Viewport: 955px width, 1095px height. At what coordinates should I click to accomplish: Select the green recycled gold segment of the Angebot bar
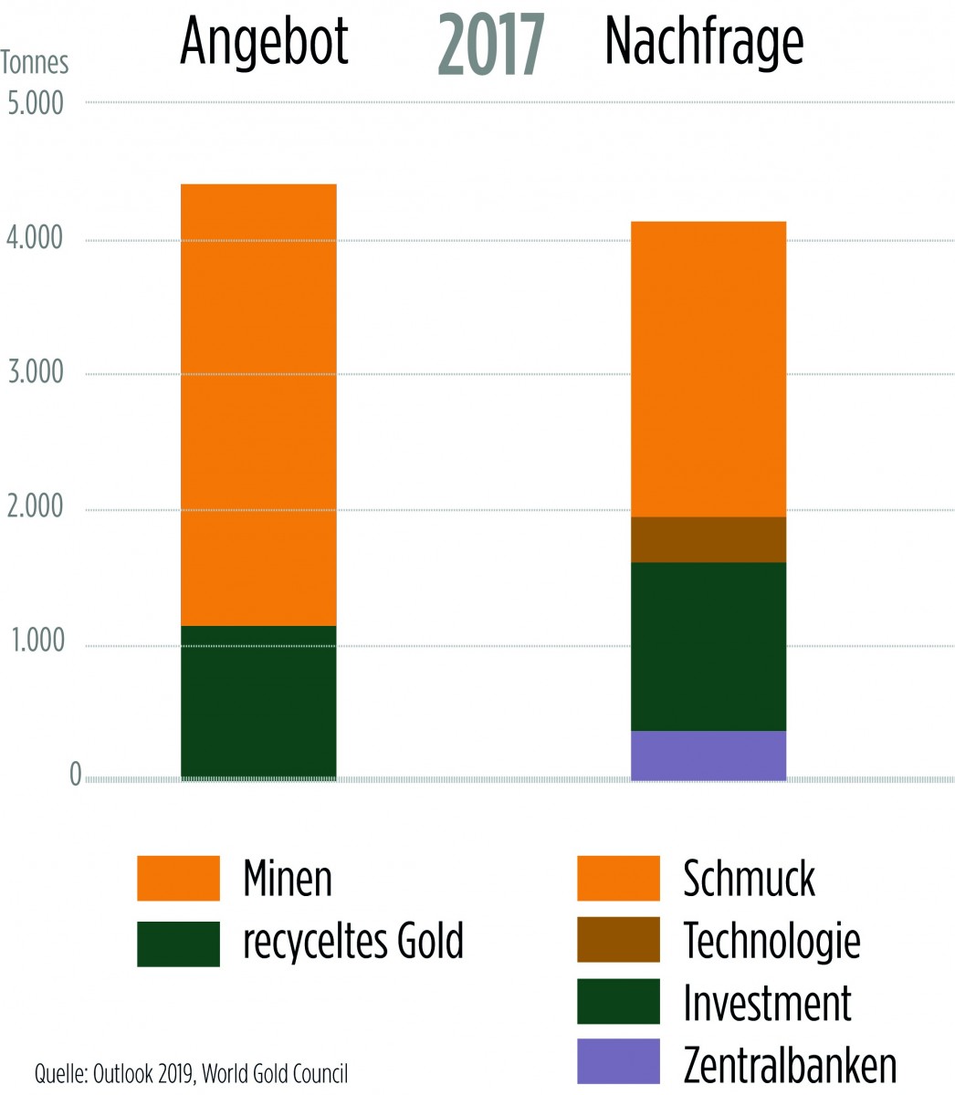point(258,702)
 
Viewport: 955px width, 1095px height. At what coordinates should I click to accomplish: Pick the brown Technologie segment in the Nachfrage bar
point(708,539)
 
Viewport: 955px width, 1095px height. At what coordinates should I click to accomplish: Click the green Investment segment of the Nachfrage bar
point(708,646)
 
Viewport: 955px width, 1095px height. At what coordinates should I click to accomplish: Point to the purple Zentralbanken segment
point(708,756)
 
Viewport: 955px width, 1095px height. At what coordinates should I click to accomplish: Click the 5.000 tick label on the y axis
point(36,102)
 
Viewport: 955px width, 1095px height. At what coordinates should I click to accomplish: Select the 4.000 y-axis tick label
point(36,239)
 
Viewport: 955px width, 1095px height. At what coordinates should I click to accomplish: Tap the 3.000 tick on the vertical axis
point(36,373)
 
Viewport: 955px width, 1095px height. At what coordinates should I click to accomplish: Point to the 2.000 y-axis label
point(36,507)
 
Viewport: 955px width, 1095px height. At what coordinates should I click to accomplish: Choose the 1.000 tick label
point(36,642)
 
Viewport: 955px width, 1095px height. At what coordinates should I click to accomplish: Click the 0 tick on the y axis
point(75,777)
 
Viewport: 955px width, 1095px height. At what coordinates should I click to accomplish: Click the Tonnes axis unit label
point(35,63)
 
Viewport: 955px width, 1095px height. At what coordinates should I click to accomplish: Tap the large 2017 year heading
point(491,47)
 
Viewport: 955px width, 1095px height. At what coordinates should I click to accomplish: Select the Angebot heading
point(264,42)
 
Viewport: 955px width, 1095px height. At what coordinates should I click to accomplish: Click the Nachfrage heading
point(704,42)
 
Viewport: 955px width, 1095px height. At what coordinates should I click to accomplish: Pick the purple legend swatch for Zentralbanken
point(618,1060)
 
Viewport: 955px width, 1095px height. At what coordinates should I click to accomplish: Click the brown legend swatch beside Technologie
point(618,939)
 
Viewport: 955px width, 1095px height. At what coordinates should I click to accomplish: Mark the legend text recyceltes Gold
point(353,941)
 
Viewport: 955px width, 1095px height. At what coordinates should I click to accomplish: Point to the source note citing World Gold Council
point(191,1072)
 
